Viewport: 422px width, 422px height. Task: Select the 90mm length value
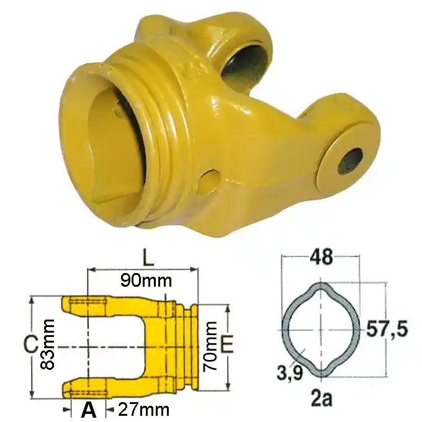(146, 281)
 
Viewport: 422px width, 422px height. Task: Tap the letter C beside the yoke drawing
(30, 345)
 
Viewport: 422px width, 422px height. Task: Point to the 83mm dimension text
(48, 344)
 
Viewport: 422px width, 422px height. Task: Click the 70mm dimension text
(210, 346)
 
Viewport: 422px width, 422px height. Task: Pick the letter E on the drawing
(227, 344)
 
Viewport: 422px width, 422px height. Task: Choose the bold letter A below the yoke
(89, 410)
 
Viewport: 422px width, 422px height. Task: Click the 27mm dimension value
(144, 410)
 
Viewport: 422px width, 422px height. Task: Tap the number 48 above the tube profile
(321, 257)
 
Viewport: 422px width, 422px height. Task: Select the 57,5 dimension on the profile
(387, 329)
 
